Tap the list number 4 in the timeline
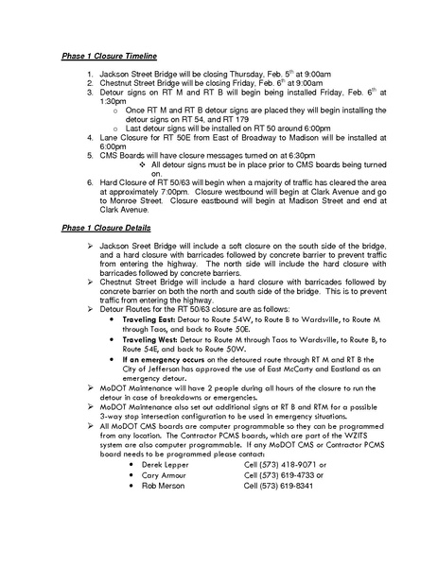pos(86,138)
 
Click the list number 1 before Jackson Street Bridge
pos(86,72)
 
